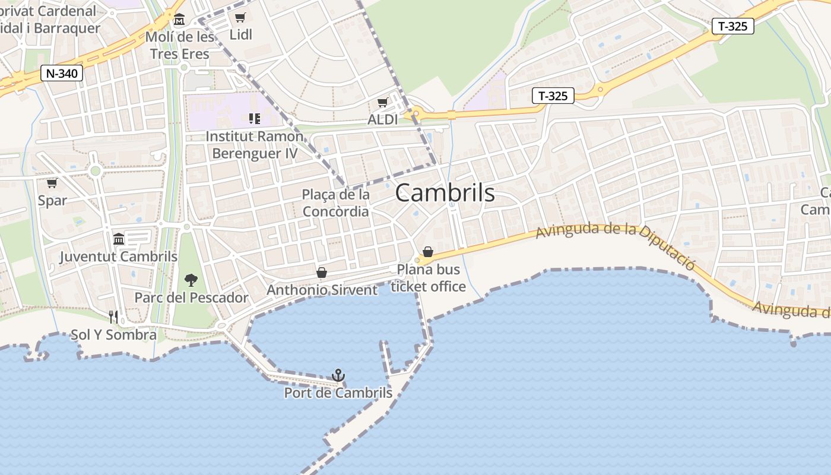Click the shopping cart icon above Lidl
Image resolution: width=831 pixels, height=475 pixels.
point(240,17)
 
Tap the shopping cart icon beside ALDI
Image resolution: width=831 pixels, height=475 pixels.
point(383,103)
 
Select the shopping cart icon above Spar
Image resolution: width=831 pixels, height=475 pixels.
point(52,183)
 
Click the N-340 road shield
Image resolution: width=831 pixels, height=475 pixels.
point(61,74)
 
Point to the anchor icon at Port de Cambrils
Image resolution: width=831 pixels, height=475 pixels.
point(338,375)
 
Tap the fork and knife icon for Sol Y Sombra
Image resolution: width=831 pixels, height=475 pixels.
point(113,317)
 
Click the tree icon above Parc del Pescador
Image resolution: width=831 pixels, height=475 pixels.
point(191,280)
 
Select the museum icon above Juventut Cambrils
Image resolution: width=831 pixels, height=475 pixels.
point(119,239)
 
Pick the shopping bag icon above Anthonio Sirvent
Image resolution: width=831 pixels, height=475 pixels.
point(322,273)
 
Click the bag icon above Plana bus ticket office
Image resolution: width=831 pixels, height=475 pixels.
point(428,252)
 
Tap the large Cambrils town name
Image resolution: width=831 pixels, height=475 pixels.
point(445,193)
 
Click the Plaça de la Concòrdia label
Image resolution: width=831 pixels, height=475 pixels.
point(336,203)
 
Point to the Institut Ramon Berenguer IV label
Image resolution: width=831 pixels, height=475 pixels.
point(255,145)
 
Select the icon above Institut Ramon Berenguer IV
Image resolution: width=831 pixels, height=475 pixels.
point(255,119)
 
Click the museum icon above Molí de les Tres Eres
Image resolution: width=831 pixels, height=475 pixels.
point(179,20)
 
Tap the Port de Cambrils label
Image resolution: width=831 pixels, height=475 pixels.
point(338,393)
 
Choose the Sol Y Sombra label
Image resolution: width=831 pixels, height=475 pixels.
point(113,335)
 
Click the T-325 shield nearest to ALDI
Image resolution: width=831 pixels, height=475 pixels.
point(553,96)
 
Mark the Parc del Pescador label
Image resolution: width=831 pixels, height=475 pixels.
point(191,297)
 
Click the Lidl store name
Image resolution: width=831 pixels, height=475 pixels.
point(240,35)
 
